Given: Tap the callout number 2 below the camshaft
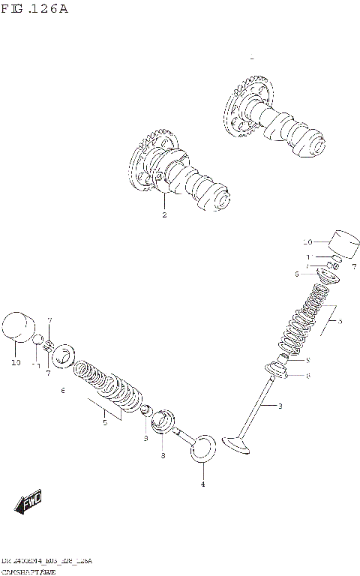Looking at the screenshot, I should [163, 215].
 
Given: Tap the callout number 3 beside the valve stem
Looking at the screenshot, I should [280, 406].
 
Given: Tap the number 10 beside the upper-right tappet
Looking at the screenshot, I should [307, 242].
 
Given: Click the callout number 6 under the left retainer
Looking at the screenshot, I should [64, 391].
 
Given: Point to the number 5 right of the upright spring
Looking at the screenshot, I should [339, 322].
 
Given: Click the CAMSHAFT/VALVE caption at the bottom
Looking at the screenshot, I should [25, 571].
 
